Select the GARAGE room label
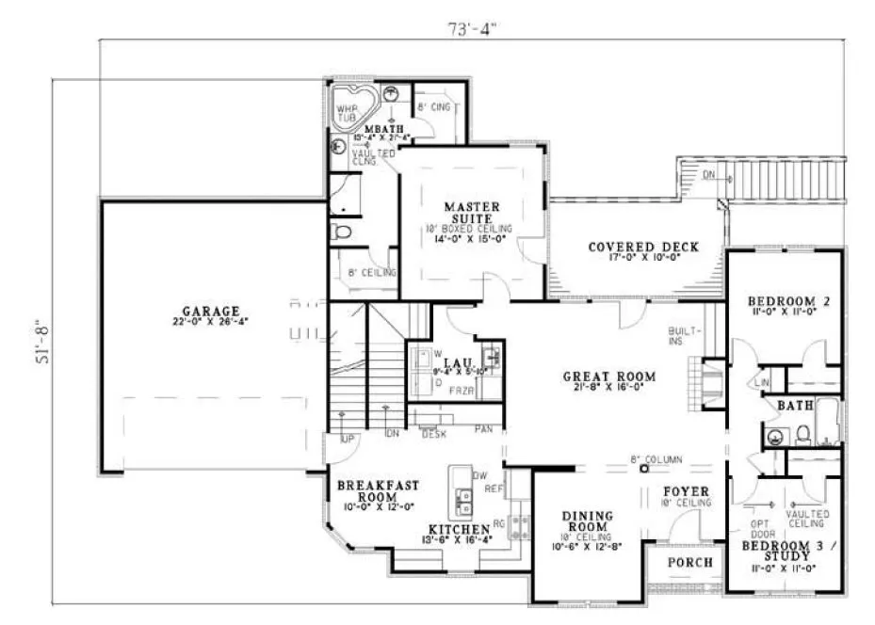pos(213,312)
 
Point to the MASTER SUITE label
pos(472,212)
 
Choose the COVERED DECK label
pos(643,248)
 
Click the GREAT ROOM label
pos(608,377)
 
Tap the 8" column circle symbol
pos(644,468)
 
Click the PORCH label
pos(689,562)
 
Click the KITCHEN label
pos(456,530)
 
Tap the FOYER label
pos(686,491)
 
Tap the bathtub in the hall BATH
pos(827,423)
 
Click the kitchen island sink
pos(462,498)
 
